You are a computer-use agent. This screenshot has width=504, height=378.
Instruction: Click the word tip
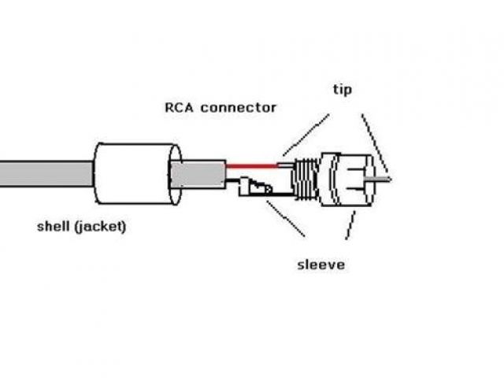[341, 90]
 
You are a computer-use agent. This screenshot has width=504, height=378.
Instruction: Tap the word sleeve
[321, 265]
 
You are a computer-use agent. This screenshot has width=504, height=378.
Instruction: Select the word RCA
[180, 107]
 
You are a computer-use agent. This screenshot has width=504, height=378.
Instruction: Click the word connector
[238, 107]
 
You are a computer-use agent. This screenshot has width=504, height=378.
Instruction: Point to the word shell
[55, 227]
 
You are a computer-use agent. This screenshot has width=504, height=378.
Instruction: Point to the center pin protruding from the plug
[380, 179]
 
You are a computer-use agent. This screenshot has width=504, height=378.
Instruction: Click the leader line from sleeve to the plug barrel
[349, 224]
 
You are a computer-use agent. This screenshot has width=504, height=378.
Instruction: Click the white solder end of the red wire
[284, 165]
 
